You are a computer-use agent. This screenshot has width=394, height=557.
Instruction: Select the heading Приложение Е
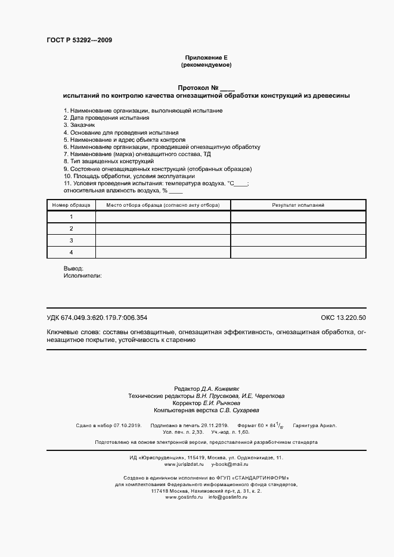206,57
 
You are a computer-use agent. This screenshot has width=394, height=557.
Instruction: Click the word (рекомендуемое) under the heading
206,64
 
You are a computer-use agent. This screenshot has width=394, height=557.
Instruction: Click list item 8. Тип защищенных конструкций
108,161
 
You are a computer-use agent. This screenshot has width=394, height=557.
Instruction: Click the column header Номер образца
71,205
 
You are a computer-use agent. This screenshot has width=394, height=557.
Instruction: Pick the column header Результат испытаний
298,205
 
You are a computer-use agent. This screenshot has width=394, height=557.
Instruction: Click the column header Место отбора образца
163,205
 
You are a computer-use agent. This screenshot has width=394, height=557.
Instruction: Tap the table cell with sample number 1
71,216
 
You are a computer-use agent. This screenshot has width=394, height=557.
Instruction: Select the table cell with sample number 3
71,240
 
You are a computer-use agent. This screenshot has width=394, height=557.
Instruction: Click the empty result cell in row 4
298,252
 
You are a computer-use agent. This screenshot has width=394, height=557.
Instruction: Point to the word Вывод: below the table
73,269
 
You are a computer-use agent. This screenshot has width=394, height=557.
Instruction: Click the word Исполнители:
82,276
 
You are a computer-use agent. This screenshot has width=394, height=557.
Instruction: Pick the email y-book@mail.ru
229,447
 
